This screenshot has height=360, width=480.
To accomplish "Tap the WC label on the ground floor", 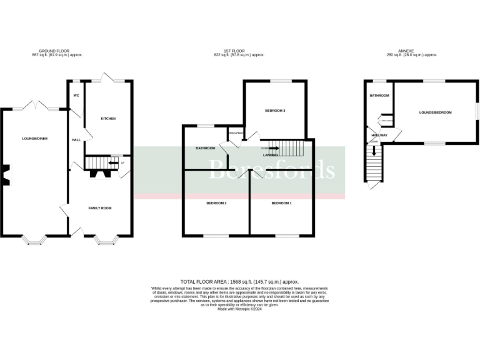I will pyautogui.click(x=76, y=96).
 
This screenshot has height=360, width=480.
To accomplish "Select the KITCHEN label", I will pyautogui.click(x=108, y=118).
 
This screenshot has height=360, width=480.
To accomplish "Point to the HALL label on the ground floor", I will pyautogui.click(x=76, y=140).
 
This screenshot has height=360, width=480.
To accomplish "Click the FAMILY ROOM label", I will pyautogui.click(x=99, y=207).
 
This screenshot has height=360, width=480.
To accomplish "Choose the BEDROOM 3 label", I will pyautogui.click(x=275, y=111).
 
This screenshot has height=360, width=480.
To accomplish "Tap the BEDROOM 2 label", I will pyautogui.click(x=216, y=203).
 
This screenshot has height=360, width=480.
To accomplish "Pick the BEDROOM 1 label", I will pyautogui.click(x=281, y=203).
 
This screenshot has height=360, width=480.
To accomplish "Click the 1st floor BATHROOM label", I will pyautogui.click(x=205, y=148).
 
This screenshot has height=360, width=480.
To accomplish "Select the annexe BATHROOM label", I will pyautogui.click(x=379, y=96).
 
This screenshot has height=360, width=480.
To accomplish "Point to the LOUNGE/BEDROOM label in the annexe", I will pyautogui.click(x=435, y=112).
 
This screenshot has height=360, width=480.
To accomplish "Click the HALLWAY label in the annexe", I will pyautogui.click(x=379, y=135).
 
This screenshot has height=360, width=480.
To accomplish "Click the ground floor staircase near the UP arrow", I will pyautogui.click(x=96, y=162).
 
